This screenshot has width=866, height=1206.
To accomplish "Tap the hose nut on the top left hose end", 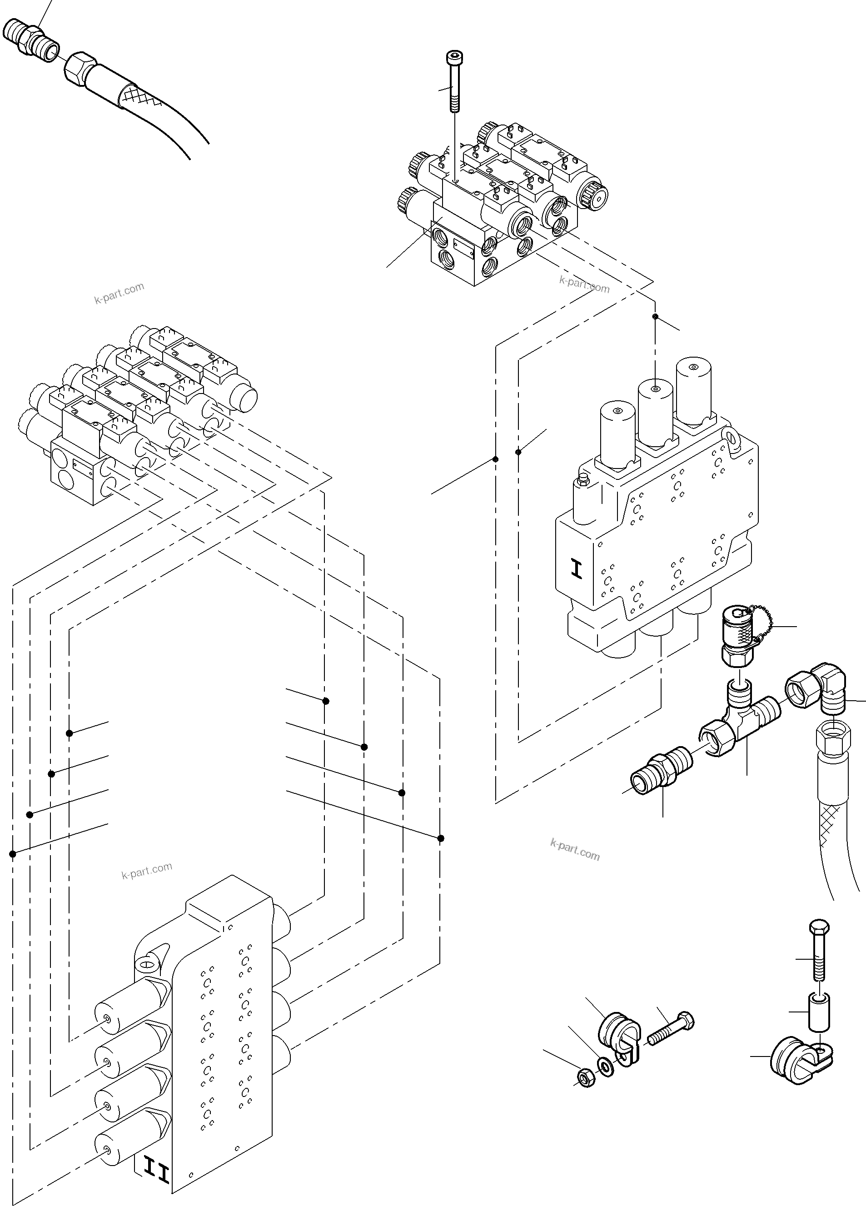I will pyautogui.click(x=80, y=68).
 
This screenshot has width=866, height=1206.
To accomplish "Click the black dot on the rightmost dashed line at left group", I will pyautogui.click(x=440, y=838).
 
